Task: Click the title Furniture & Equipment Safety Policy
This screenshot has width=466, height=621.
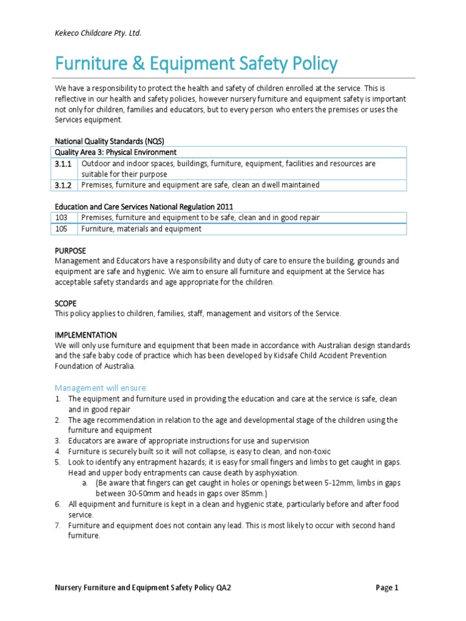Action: coord(196,64)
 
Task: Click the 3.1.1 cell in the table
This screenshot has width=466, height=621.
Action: coord(64,164)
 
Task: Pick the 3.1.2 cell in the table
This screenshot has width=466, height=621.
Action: coord(64,185)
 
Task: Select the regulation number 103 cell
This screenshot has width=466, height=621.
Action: coord(62,217)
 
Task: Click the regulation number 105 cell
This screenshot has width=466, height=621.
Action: coord(62,229)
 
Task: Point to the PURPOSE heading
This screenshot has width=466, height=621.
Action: coord(70,250)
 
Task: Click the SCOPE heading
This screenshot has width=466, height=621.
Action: coord(66,302)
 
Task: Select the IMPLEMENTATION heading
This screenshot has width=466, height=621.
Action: coord(86,335)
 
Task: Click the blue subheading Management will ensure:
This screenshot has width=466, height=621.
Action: coord(101,388)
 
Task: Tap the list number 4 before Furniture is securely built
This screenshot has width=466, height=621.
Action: coord(58,451)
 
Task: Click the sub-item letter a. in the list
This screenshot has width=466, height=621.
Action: coord(84,483)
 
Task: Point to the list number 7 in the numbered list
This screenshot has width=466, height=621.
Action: coord(58,525)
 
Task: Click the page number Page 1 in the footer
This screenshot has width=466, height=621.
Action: coord(386,587)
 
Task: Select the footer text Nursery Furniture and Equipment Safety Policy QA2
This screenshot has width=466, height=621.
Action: coord(143,587)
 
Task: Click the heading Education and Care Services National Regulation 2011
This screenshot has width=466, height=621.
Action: coord(144,206)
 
